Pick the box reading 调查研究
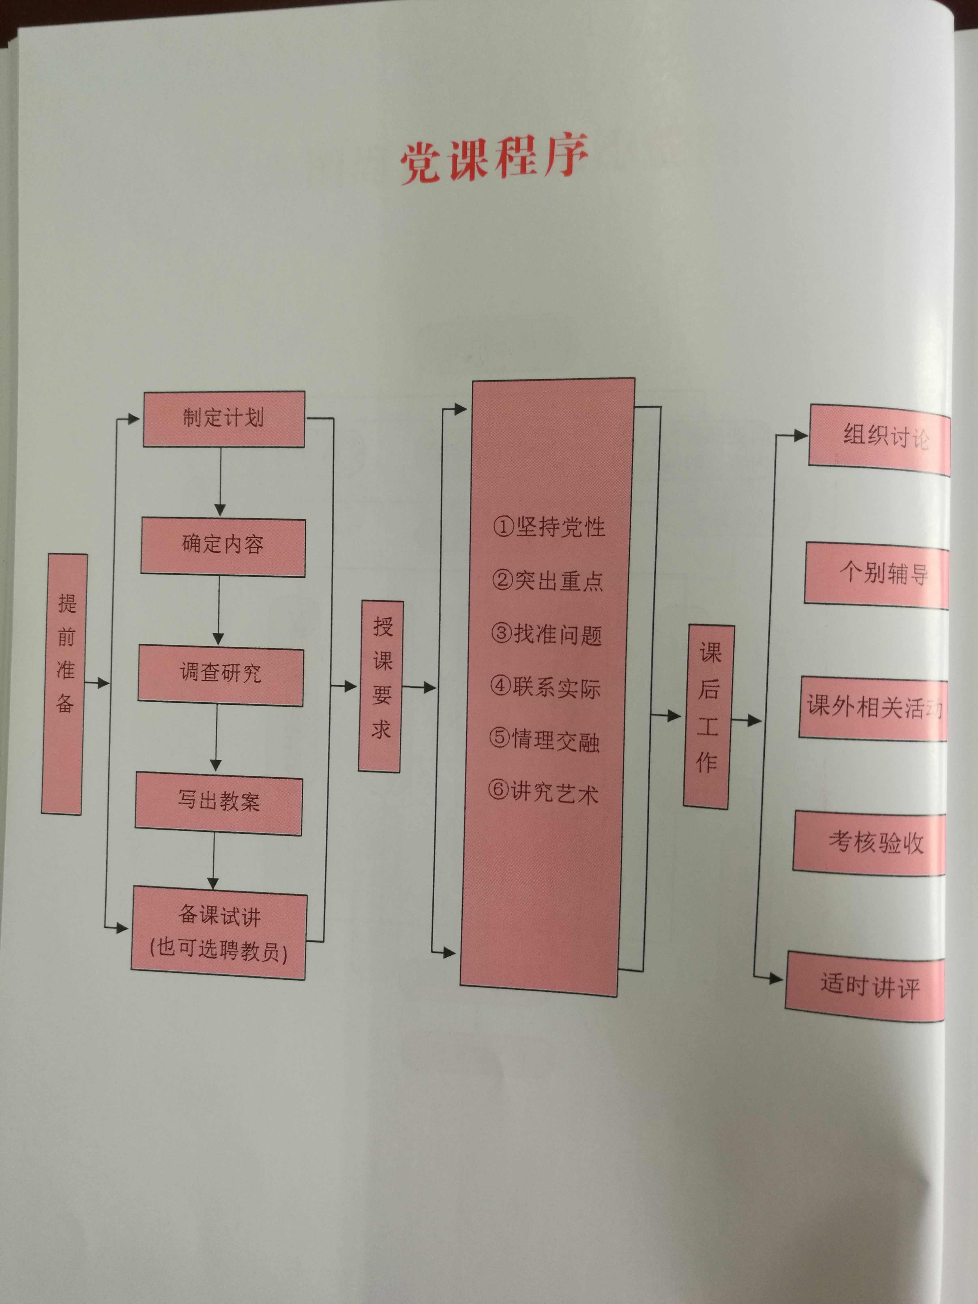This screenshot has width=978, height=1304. click(220, 674)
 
